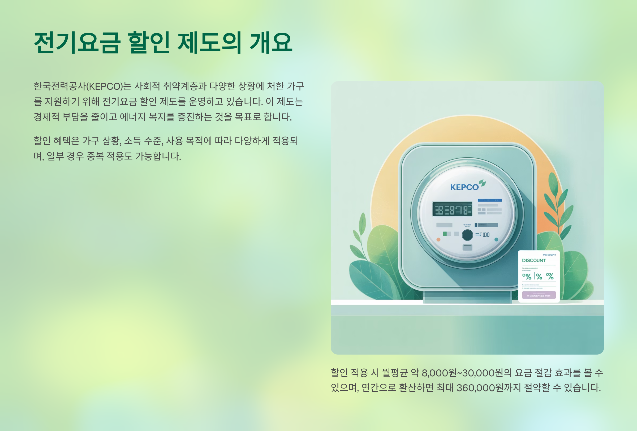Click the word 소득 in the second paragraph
(133, 141)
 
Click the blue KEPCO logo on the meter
(464, 187)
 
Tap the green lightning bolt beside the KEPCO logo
(482, 183)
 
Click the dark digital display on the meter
(452, 209)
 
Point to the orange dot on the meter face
(438, 239)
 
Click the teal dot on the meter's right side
(496, 239)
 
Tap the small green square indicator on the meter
(445, 234)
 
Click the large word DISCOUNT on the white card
(534, 260)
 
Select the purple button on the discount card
(539, 295)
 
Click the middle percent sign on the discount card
(539, 277)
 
